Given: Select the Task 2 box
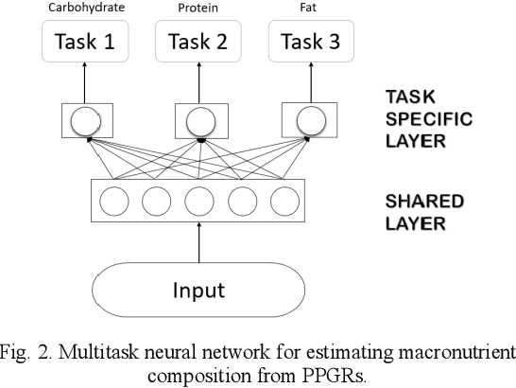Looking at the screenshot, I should pos(198,42).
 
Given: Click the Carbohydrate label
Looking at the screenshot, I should pos(86,8).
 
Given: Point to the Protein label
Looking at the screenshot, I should pos(198,8).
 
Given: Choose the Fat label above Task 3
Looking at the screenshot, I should pos(309,8).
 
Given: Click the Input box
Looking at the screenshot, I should pos(198,289).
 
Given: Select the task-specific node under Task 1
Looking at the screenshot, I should pos(87,120).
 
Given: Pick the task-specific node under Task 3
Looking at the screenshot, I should pos(309,120).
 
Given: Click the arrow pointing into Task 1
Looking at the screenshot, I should pos(87,83).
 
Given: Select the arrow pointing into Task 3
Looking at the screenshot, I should pos(309,83).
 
